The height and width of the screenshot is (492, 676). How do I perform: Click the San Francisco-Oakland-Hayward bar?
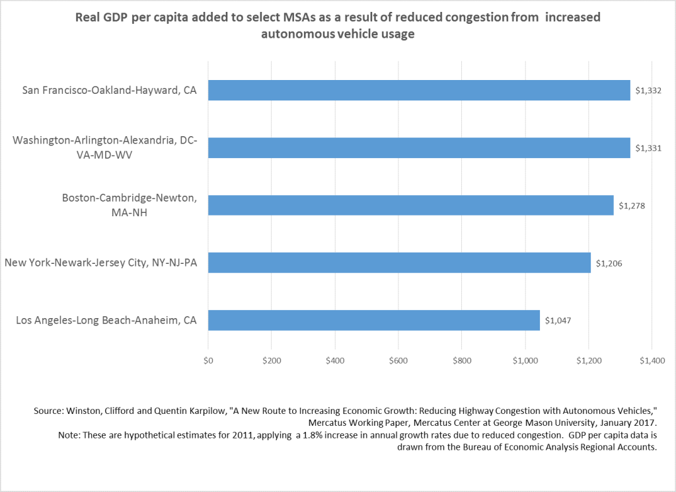pos(419,90)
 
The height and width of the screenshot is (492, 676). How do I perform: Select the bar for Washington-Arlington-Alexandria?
pos(419,147)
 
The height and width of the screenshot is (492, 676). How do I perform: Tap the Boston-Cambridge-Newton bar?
pos(411,205)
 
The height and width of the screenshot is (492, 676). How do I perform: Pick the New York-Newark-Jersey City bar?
pos(399,263)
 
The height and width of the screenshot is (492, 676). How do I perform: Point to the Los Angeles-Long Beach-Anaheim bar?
pos(374,320)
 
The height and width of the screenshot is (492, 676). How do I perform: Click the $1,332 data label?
pos(648,91)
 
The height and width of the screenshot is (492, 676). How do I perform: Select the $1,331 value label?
pos(648,148)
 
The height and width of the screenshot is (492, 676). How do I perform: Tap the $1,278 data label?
pos(632,206)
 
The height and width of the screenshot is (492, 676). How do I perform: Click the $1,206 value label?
pos(609,263)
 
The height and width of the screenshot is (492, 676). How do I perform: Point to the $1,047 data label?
pos(558,321)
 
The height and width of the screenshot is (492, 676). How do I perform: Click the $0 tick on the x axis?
pos(208,361)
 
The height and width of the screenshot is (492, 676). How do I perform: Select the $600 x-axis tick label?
pos(398,361)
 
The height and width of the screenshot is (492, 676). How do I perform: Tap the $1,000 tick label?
pos(525,361)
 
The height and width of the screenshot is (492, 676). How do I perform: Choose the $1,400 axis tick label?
pos(652,361)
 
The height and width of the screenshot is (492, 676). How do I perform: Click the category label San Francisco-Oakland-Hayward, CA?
pos(110,90)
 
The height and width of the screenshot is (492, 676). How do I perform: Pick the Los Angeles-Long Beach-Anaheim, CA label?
pos(106,320)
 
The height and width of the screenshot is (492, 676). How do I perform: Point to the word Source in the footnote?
pos(48,411)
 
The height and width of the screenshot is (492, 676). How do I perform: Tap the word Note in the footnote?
pos(68,435)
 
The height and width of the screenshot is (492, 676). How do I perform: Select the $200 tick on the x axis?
pos(272,361)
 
